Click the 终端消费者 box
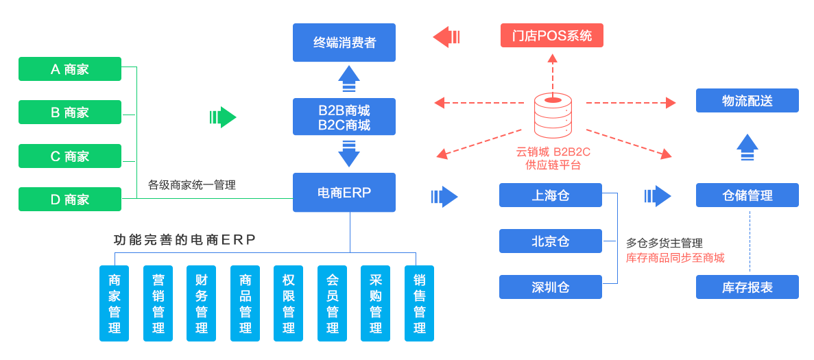tap(344, 43)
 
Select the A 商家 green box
tap(70, 69)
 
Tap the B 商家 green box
tap(70, 112)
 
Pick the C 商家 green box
tap(70, 156)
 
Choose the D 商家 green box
tap(70, 200)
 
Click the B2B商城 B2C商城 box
tap(344, 117)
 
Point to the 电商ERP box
tap(344, 193)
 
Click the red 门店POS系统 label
tap(552, 36)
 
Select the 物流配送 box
tap(747, 101)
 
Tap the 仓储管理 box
tap(747, 195)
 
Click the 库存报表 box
tap(747, 287)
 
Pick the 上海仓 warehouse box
tap(551, 195)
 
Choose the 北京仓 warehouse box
tap(551, 241)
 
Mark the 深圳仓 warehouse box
tap(551, 287)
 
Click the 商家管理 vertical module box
tap(115, 302)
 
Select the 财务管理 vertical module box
tap(202, 302)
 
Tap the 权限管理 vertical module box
tap(289, 302)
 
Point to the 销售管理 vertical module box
tap(419, 302)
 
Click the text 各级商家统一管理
tap(192, 185)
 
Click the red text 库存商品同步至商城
tap(675, 258)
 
